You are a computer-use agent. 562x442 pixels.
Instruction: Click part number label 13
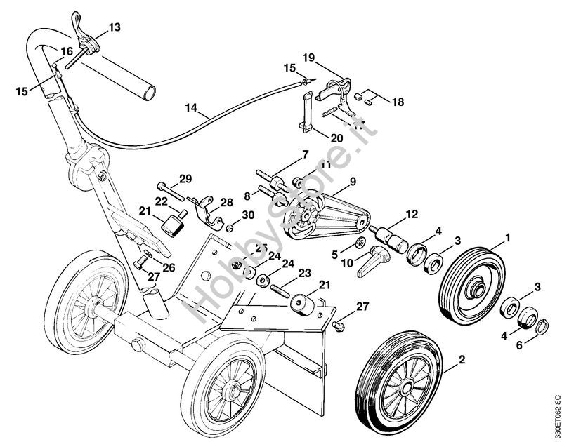(115, 27)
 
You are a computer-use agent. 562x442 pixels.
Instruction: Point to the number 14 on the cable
(192, 108)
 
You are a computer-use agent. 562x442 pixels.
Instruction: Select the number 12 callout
(412, 213)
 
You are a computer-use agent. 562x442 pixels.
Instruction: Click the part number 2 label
(462, 361)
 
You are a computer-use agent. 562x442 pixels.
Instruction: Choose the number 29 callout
(185, 178)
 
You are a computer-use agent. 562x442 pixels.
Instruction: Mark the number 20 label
(336, 138)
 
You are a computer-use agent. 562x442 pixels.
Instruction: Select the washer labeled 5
(359, 243)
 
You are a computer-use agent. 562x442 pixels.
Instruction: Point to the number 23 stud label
(303, 273)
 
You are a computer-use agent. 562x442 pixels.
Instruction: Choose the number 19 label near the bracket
(309, 56)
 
